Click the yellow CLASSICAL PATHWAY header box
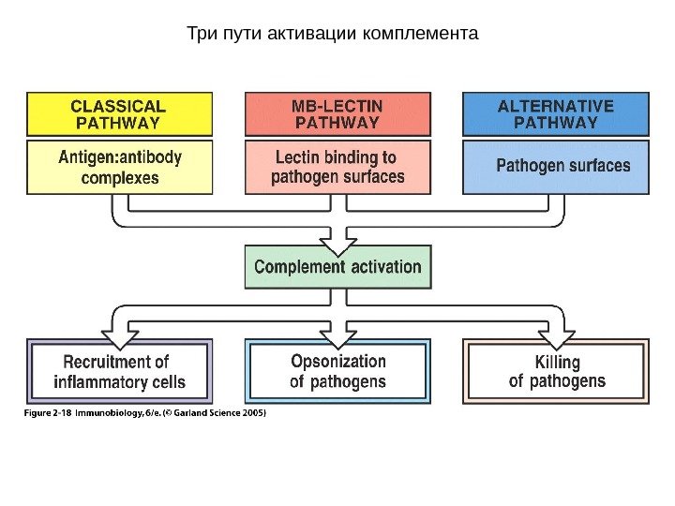pyautogui.click(x=119, y=113)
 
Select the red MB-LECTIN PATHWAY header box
pyautogui.click(x=337, y=113)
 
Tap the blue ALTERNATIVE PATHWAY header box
pyautogui.click(x=556, y=113)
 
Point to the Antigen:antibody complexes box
pyautogui.click(x=119, y=167)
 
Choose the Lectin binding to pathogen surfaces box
pyautogui.click(x=337, y=167)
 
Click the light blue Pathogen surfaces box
pyautogui.click(x=556, y=167)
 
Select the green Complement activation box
pyautogui.click(x=337, y=267)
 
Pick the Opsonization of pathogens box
pyautogui.click(x=337, y=371)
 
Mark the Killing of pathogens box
pyautogui.click(x=556, y=371)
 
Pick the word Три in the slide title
pyautogui.click(x=200, y=35)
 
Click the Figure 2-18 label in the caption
pyautogui.click(x=47, y=412)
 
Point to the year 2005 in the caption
pyautogui.click(x=251, y=412)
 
